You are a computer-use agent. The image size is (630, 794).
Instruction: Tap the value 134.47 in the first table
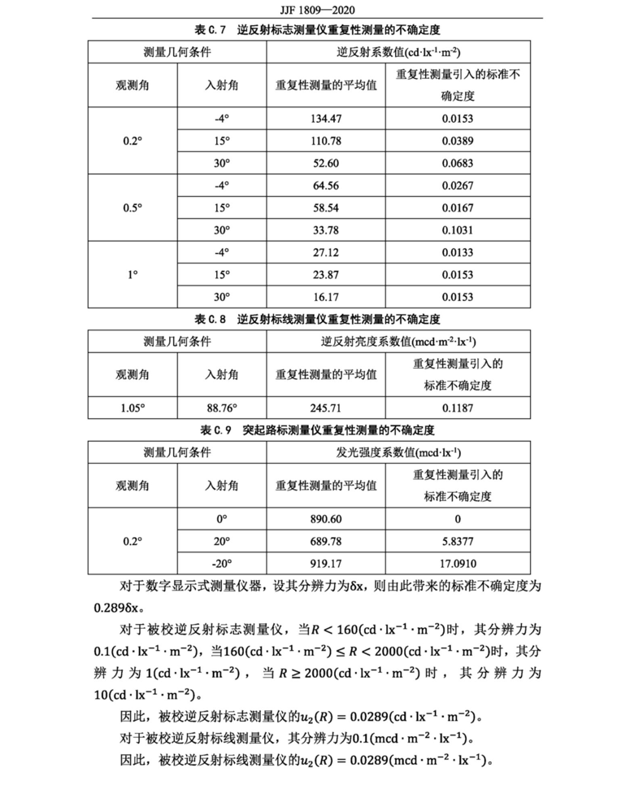tap(325, 118)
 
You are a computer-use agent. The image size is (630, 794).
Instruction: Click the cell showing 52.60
tap(325, 164)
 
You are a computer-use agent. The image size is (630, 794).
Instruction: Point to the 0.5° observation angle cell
tap(133, 207)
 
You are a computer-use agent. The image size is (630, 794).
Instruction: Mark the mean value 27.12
tap(325, 252)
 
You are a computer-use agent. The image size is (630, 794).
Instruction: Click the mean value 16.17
tap(325, 297)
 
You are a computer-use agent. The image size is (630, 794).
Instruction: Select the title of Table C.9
tap(315, 429)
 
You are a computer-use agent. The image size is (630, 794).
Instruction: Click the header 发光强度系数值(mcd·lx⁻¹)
tap(399, 452)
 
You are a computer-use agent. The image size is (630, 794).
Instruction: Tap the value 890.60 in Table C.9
tap(325, 518)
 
